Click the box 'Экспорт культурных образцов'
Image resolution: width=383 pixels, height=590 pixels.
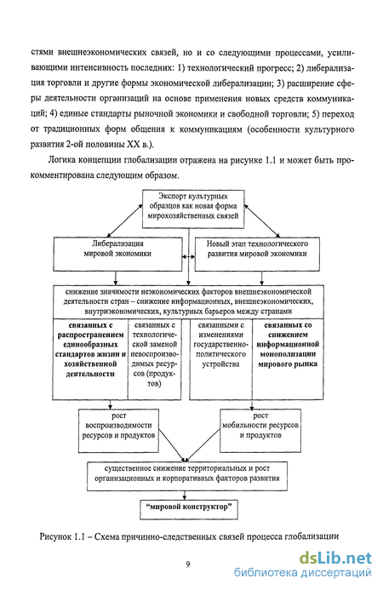[x=193, y=209]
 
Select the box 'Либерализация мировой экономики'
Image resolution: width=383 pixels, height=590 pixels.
[x=117, y=254]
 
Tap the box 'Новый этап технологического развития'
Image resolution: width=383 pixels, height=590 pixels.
[x=257, y=254]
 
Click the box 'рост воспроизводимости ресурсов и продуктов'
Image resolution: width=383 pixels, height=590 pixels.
[x=118, y=431]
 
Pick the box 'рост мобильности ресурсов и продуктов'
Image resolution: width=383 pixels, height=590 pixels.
[x=260, y=431]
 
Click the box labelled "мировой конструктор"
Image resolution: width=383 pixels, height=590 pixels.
[x=189, y=509]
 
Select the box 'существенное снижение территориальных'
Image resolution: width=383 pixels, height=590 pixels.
[x=187, y=477]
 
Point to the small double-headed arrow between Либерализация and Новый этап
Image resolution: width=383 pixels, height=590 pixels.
[x=188, y=257]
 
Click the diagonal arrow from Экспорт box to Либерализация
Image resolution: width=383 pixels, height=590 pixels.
[x=125, y=221]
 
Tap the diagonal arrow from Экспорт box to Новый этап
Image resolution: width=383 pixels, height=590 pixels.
[x=263, y=221]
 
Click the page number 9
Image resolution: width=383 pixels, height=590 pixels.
[x=188, y=564]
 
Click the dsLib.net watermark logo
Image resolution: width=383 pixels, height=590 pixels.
[x=335, y=558]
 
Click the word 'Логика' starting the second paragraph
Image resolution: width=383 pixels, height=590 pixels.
[x=61, y=160]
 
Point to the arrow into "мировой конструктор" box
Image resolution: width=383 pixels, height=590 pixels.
[x=185, y=495]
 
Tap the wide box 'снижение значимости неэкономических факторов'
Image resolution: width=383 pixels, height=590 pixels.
[x=188, y=301]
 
